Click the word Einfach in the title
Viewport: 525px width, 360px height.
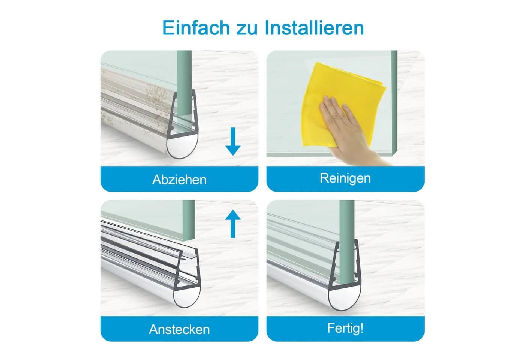tap(196, 28)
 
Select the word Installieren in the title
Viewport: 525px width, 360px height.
tap(314, 28)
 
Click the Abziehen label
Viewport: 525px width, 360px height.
tap(179, 180)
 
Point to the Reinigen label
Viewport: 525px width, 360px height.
tap(345, 178)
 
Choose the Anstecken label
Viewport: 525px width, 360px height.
tap(179, 329)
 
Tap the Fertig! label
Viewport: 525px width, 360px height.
tap(345, 328)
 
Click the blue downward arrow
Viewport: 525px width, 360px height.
tap(233, 142)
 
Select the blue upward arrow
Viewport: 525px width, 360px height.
tap(233, 223)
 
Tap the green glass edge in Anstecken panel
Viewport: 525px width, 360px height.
tap(189, 220)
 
